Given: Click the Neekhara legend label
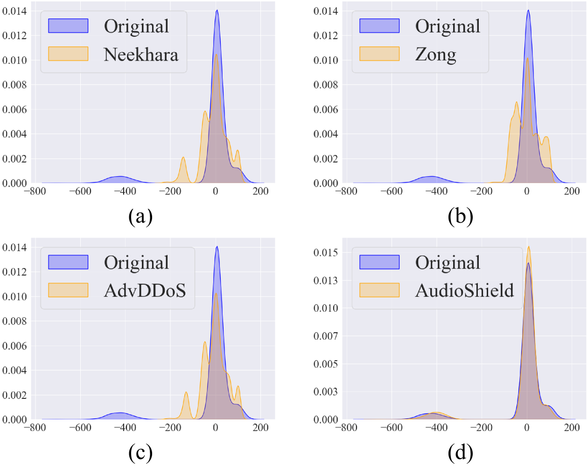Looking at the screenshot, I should click(141, 55).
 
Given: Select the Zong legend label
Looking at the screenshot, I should click(435, 55).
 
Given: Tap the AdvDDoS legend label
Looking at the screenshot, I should click(145, 291).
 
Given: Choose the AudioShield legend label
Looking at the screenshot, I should click(464, 291).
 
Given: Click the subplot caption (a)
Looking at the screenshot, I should click(140, 216).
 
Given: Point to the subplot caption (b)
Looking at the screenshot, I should click(460, 216).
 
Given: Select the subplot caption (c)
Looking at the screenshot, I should click(140, 452).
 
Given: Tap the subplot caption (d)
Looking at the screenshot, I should click(460, 452).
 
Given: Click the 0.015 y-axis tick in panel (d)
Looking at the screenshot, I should click(325, 253).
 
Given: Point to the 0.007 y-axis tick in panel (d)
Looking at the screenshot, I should click(325, 336).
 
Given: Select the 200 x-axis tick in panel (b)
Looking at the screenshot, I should click(572, 192).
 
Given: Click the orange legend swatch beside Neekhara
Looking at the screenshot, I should click(68, 54).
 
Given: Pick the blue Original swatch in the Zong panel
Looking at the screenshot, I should click(379, 26).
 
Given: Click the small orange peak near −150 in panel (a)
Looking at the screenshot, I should click(183, 158).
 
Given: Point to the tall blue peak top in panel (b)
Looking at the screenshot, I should click(528, 10).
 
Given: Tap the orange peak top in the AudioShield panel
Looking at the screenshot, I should click(529, 247).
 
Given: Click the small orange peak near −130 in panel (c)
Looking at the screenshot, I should click(186, 392).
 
